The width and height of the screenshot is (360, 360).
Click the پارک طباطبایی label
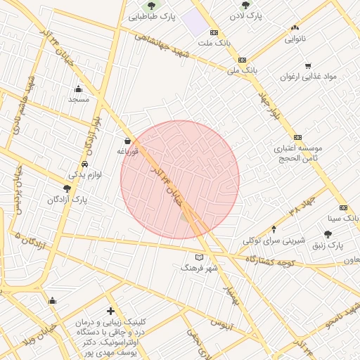pyautogui.click(x=153, y=15)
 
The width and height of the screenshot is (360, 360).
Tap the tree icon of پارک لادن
pyautogui.click(x=245, y=5)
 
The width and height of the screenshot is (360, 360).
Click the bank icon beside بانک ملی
pyautogui.click(x=242, y=60)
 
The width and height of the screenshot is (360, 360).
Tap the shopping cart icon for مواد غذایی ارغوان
pyautogui.click(x=307, y=66)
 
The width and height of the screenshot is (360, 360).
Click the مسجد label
pyautogui.click(x=78, y=100)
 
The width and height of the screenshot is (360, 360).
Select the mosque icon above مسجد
pyautogui.click(x=78, y=89)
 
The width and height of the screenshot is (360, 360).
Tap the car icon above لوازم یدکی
pyautogui.click(x=84, y=165)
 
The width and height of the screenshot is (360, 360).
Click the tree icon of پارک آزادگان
pyautogui.click(x=67, y=188)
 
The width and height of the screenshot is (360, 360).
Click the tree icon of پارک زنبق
pyautogui.click(x=328, y=234)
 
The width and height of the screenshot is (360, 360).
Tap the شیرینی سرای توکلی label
pyautogui.click(x=274, y=240)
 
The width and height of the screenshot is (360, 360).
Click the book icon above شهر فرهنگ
pyautogui.click(x=199, y=257)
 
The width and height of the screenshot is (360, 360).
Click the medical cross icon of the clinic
pyautogui.click(x=110, y=310)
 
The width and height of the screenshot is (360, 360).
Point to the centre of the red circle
pyautogui.click(x=180, y=179)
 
